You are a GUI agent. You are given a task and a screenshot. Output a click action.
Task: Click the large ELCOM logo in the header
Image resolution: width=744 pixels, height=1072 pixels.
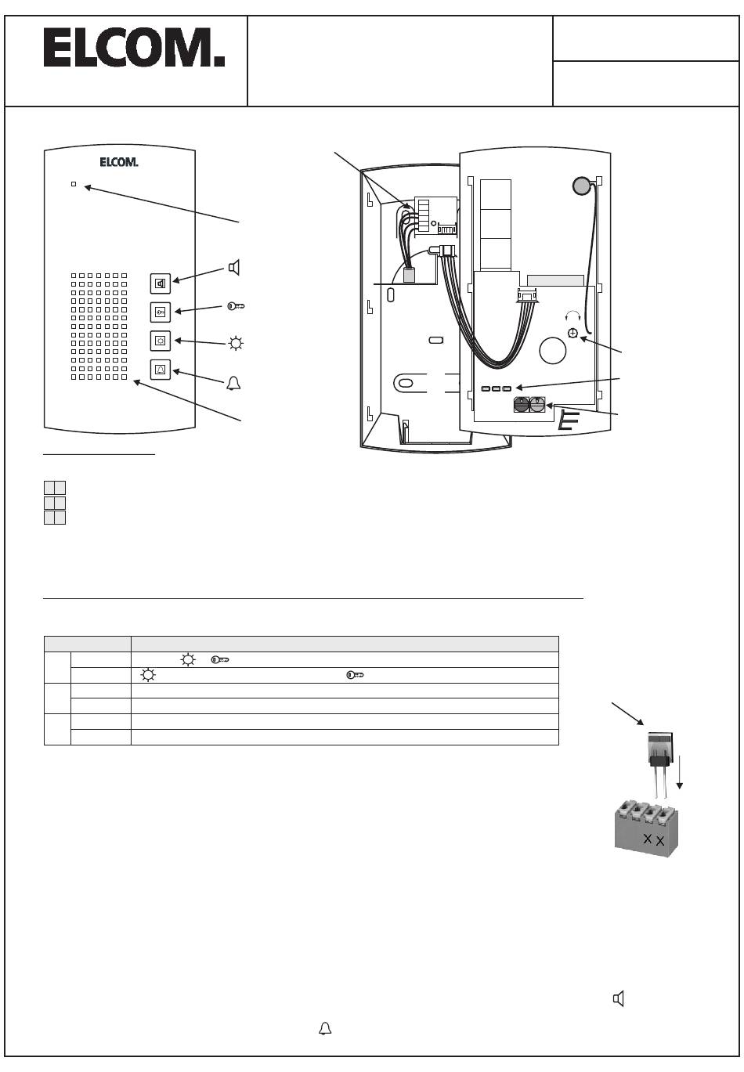[x=134, y=48]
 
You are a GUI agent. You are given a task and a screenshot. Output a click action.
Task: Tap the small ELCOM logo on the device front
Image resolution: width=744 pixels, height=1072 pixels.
[x=119, y=162]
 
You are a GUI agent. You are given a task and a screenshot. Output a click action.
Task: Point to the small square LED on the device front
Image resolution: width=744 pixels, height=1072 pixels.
[x=74, y=184]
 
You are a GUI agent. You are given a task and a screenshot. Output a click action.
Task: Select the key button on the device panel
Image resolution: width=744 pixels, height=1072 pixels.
[x=161, y=312]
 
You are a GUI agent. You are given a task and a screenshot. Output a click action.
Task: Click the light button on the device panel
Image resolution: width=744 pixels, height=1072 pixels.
[x=161, y=341]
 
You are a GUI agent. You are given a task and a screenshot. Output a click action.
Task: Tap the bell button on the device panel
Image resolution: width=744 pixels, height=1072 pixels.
[x=161, y=370]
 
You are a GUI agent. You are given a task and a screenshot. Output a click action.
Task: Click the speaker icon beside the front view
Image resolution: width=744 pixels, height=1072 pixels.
[x=234, y=267]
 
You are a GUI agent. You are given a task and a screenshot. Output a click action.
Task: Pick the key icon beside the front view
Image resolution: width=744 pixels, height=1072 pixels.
[x=236, y=306]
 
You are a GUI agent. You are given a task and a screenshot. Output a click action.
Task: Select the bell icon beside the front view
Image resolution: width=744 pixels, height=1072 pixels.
[x=233, y=384]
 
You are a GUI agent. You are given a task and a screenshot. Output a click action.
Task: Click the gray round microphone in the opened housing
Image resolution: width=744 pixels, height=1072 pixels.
[x=582, y=186]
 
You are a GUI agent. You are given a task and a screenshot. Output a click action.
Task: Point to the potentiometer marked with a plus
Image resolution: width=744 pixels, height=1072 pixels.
[x=572, y=333]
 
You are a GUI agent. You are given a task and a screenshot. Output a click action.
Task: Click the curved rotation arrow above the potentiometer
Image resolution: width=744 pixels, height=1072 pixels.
[x=572, y=314]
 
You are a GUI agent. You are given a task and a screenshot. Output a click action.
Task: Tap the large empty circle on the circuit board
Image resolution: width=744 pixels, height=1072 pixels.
[x=552, y=350]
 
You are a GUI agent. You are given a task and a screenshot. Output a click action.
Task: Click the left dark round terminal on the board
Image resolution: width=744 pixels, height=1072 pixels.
[x=522, y=405]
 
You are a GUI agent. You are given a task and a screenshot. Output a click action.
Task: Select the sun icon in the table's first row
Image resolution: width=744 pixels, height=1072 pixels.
[x=188, y=660]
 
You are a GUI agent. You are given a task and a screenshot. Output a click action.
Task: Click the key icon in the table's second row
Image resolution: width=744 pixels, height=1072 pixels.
[x=355, y=675]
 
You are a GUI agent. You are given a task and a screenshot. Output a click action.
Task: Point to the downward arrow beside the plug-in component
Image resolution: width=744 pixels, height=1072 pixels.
[x=679, y=771]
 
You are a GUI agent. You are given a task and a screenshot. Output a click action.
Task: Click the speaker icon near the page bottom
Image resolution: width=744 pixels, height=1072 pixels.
[x=619, y=998]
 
